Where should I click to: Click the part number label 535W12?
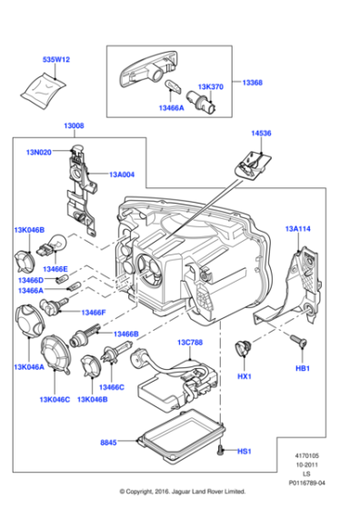pos(56,59)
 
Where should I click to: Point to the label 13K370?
pos(211,86)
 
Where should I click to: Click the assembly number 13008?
pos(74,126)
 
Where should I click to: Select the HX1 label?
pos(244,375)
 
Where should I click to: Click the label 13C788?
pos(190,344)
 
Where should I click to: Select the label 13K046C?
pos(55,399)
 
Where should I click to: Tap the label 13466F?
pos(94,313)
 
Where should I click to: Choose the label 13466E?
pos(55,269)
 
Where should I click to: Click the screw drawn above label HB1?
pos(297,339)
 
